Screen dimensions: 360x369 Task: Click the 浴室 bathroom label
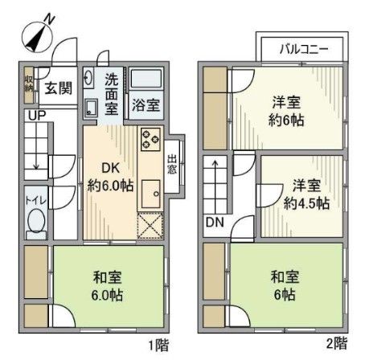pyautogui.click(x=146, y=105)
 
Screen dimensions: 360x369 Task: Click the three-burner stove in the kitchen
pyautogui.click(x=150, y=140)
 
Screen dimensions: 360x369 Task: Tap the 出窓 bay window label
pyautogui.click(x=172, y=166)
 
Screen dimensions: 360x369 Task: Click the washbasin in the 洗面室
pyautogui.click(x=91, y=108)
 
